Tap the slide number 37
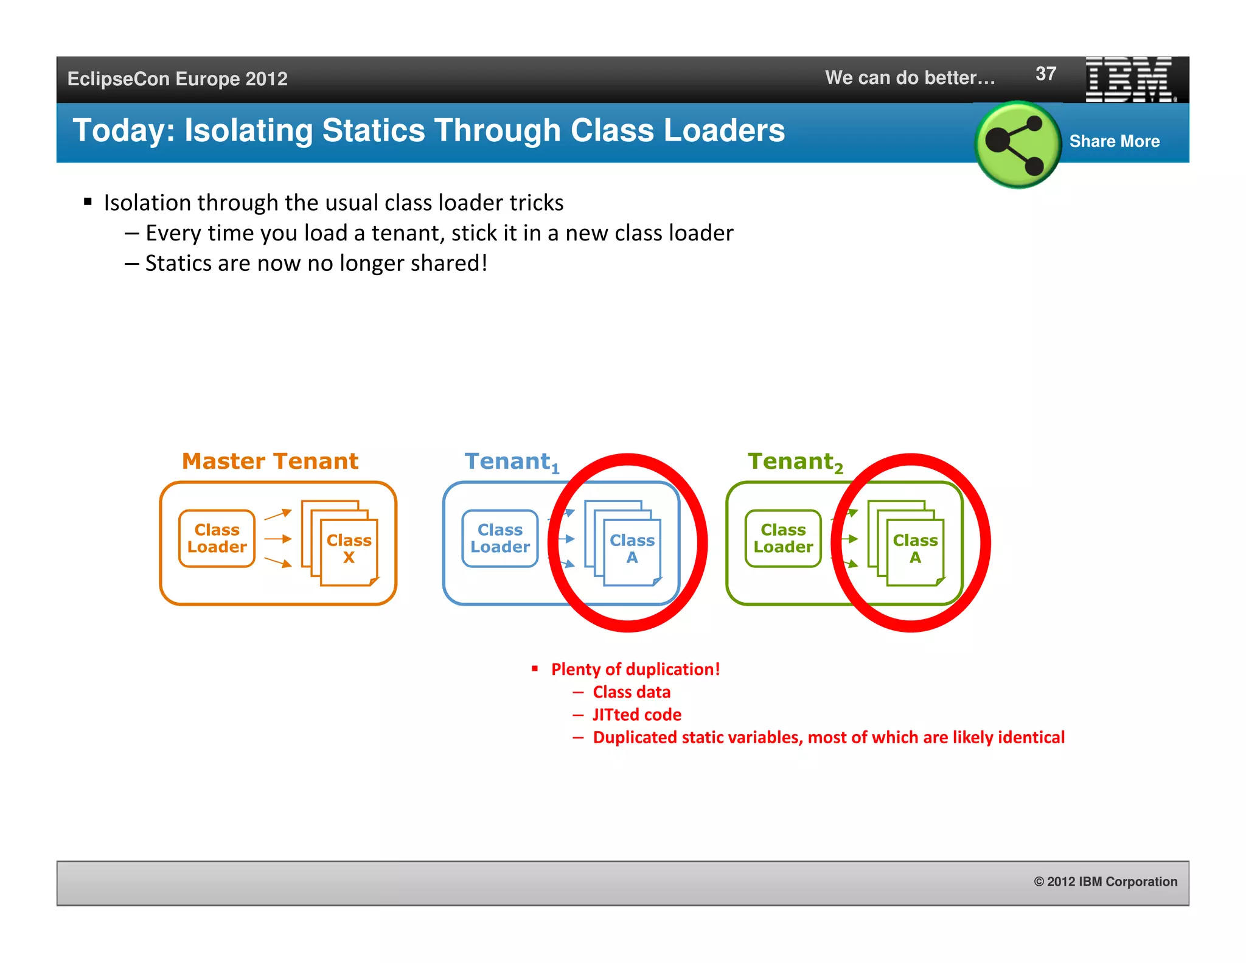tap(1045, 74)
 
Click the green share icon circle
tap(1017, 144)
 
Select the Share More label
tap(1114, 141)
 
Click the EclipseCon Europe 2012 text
tap(177, 79)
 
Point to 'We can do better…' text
tap(910, 77)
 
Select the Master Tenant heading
tap(270, 461)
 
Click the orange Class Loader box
tap(217, 539)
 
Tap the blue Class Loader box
tap(499, 539)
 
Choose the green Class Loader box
tap(783, 539)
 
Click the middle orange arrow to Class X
tap(278, 539)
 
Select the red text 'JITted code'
tap(636, 715)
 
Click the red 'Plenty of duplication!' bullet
tap(635, 669)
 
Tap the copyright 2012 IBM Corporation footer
tap(1105, 881)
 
